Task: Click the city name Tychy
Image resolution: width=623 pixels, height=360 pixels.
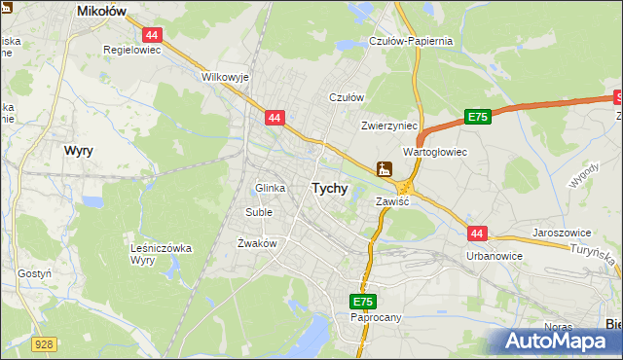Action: tap(329, 189)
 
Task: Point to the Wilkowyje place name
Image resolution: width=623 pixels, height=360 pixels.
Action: tap(226, 75)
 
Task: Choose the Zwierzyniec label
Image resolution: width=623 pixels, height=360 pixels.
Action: tap(388, 126)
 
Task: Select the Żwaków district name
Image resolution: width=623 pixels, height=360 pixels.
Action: tap(258, 243)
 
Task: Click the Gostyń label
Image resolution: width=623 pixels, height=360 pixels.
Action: tap(35, 274)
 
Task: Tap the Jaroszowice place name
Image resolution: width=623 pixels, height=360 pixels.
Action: tap(564, 234)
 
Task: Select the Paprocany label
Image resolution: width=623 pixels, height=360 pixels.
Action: tap(376, 318)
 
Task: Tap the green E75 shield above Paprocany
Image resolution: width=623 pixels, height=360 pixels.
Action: tap(362, 302)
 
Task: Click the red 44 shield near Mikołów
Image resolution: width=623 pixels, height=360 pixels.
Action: tap(156, 34)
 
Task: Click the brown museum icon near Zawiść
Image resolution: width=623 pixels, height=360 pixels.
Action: tap(385, 169)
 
